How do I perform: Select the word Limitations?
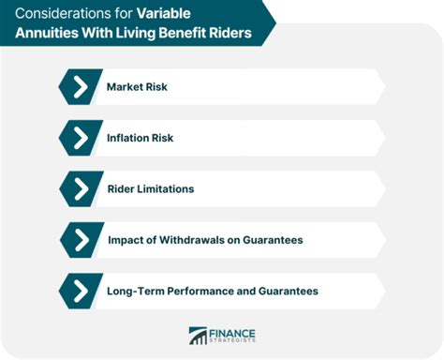coord(165,188)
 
